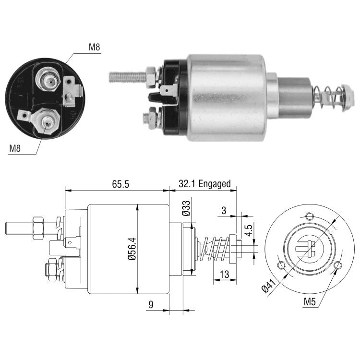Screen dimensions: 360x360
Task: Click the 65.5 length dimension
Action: pos(120,184)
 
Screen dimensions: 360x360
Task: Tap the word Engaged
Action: pos(215,184)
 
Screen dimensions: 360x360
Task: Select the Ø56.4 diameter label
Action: pos(132,249)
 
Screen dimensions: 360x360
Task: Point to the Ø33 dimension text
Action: pos(186,208)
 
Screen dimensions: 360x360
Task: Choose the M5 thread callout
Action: pos(310,302)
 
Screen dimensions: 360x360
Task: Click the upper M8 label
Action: pos(95,47)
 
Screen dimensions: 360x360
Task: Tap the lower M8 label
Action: pos(15,148)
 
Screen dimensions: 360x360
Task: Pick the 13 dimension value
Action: pos(224,274)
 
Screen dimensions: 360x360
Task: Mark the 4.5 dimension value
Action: pos(249,230)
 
